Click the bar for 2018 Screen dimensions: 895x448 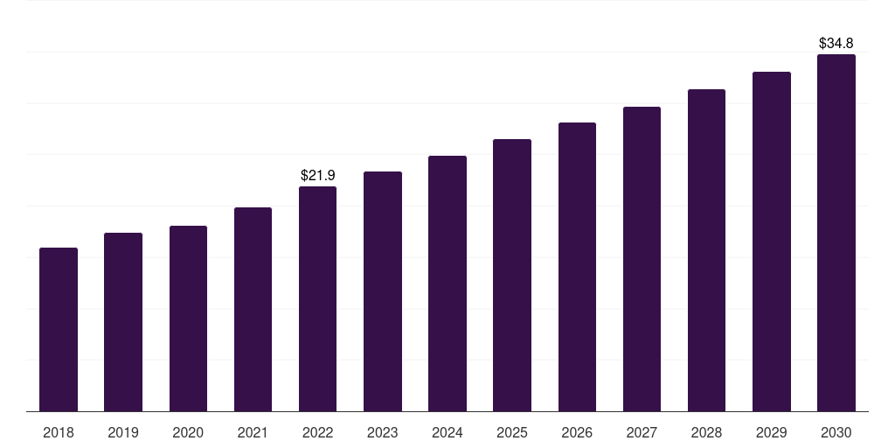pos(59,330)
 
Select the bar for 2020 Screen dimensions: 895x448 pos(189,318)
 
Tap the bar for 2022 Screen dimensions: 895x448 pos(317,299)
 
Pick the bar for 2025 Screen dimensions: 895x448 pos(512,276)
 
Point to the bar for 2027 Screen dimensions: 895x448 pos(642,259)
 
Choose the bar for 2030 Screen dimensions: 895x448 pos(836,233)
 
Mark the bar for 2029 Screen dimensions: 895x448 pos(772,241)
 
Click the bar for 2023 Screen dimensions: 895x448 pos(383,291)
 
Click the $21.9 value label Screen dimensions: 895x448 pos(318,175)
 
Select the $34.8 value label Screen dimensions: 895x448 pos(836,43)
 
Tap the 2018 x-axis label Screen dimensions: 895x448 pos(59,433)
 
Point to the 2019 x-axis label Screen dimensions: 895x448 pos(123,433)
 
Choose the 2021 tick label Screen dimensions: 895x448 pos(253,433)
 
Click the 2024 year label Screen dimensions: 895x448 pos(447,433)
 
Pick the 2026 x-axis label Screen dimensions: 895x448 pos(577,433)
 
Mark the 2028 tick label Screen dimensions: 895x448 pos(706,433)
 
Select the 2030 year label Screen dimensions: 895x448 pos(836,433)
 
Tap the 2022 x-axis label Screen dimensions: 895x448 pos(318,433)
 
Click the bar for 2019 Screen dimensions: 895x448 pos(123,322)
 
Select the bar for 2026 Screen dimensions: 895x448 pos(577,267)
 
